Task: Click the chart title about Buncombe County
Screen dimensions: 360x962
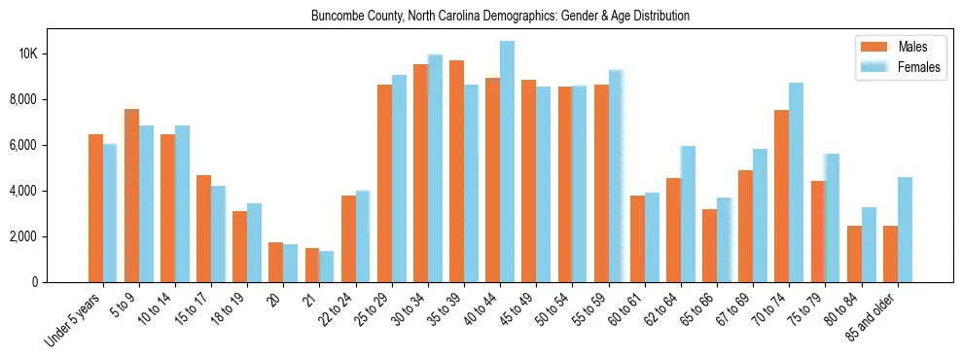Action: click(x=500, y=17)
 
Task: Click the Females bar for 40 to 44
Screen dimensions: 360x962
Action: click(x=507, y=162)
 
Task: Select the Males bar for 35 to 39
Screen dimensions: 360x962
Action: click(x=456, y=171)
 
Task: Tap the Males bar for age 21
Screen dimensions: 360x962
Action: click(x=312, y=265)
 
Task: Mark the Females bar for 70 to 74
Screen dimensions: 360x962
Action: click(x=796, y=182)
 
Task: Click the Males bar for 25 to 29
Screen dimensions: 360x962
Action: click(x=384, y=183)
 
